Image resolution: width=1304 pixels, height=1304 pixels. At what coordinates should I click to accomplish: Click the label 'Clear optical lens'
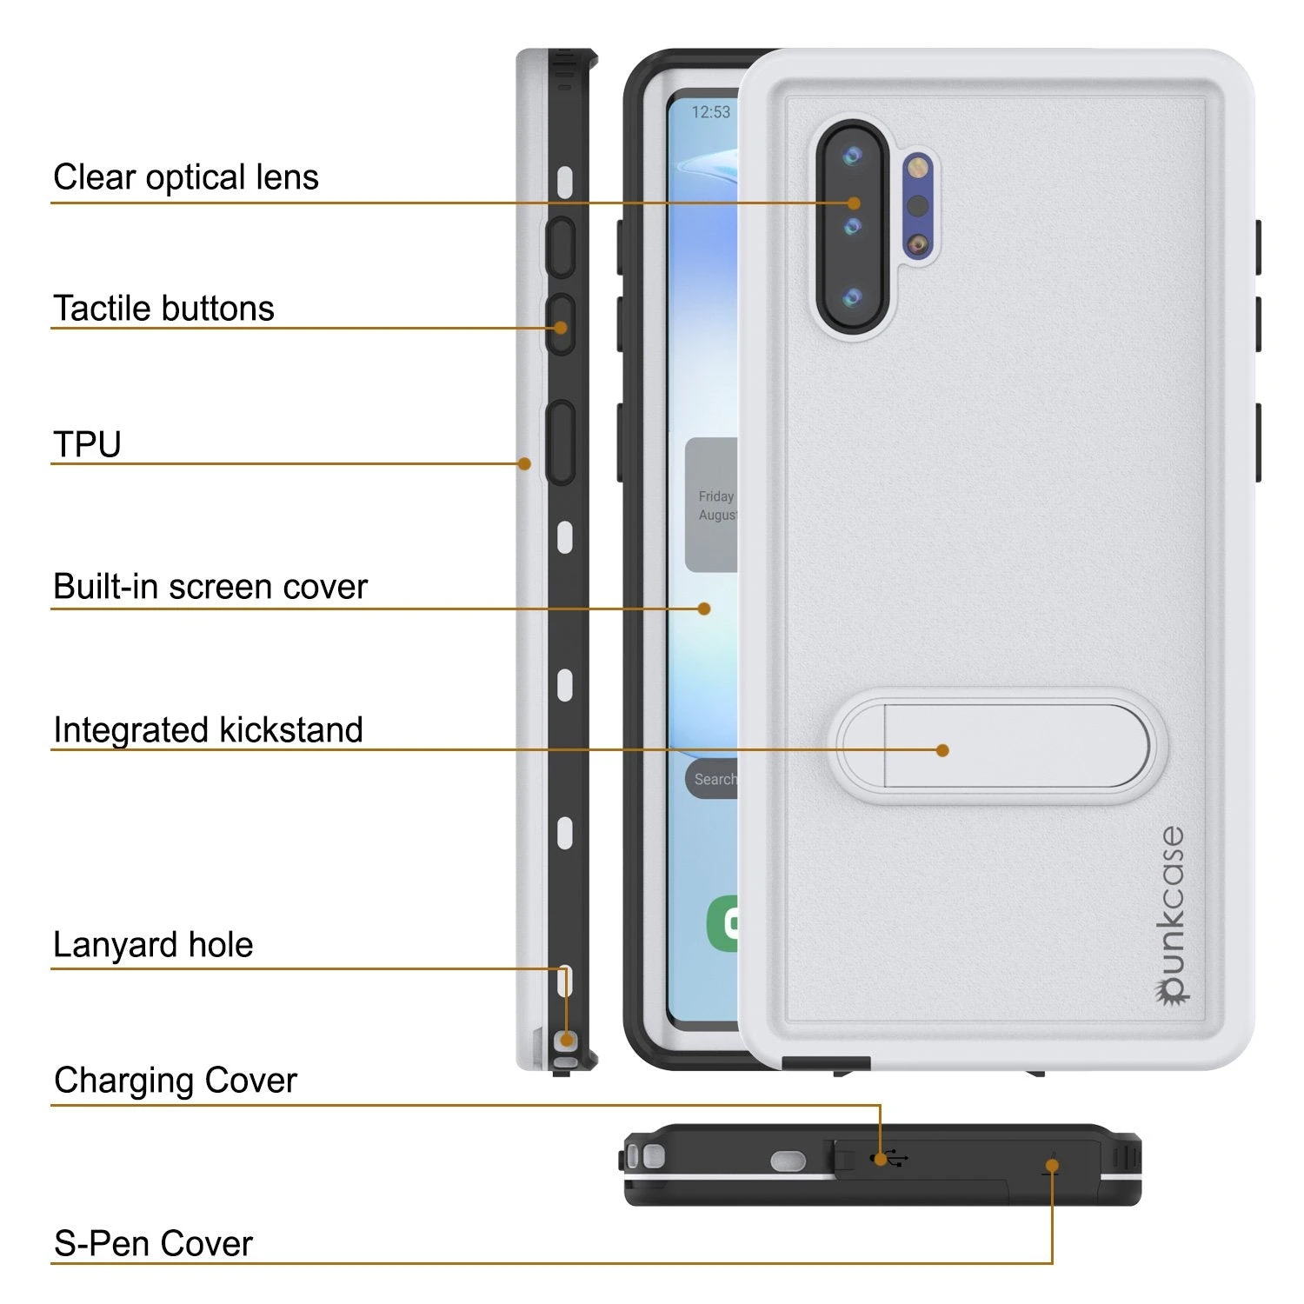[186, 177]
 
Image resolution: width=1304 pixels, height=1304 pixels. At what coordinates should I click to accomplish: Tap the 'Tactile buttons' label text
[163, 309]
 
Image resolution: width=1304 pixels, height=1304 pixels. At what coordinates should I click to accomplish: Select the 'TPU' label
[87, 444]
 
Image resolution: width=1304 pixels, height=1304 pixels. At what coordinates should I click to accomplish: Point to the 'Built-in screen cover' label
[210, 587]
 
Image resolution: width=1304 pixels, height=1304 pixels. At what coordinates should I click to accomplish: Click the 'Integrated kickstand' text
[208, 730]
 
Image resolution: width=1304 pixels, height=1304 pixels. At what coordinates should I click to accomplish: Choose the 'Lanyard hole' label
[153, 945]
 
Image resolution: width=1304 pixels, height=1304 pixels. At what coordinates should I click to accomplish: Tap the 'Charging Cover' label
[176, 1081]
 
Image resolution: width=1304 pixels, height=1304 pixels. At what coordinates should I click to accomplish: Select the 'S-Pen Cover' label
[153, 1243]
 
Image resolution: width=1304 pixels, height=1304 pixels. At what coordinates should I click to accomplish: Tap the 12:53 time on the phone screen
[710, 112]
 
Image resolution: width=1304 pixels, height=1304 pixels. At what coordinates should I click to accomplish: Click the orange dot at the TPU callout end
[524, 463]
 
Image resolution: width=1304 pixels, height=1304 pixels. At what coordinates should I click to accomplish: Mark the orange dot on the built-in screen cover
[704, 609]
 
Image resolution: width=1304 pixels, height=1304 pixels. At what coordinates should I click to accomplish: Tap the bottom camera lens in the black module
[852, 298]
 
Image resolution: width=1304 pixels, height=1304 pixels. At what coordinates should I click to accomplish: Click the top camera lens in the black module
[852, 156]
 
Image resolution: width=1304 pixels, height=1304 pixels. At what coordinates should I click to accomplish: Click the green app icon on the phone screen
[723, 923]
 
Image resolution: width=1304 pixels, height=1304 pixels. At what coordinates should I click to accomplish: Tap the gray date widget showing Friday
[712, 505]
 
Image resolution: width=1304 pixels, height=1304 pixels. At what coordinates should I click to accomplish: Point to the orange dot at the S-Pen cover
[1052, 1168]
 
